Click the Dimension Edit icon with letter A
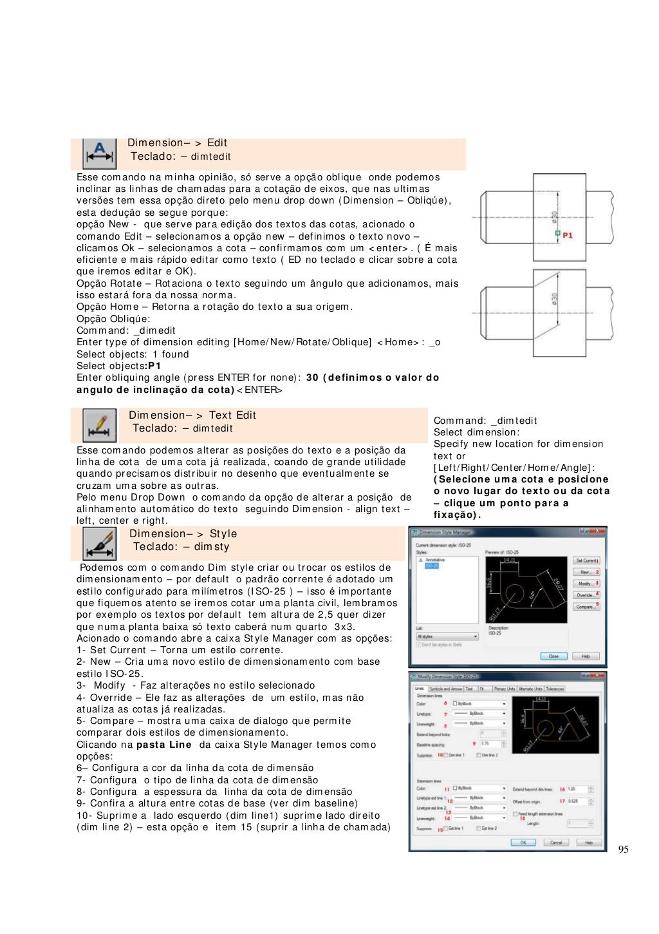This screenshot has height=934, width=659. (99, 154)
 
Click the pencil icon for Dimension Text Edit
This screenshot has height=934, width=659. (99, 425)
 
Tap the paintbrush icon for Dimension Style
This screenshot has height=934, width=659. (99, 544)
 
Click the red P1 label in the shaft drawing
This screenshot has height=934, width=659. (568, 236)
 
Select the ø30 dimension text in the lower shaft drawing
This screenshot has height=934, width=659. (554, 300)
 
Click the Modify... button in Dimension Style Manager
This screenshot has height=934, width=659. (586, 584)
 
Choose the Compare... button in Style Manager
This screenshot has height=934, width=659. (586, 607)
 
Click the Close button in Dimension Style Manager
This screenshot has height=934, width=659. (553, 656)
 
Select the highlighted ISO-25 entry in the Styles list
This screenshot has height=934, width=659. (431, 566)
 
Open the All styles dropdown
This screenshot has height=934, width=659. (447, 636)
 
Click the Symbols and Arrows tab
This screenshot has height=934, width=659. (445, 689)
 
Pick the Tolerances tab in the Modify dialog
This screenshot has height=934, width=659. (555, 689)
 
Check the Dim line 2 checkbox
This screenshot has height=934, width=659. (479, 755)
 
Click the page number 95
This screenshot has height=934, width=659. (623, 850)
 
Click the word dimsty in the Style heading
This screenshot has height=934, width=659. (212, 547)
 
